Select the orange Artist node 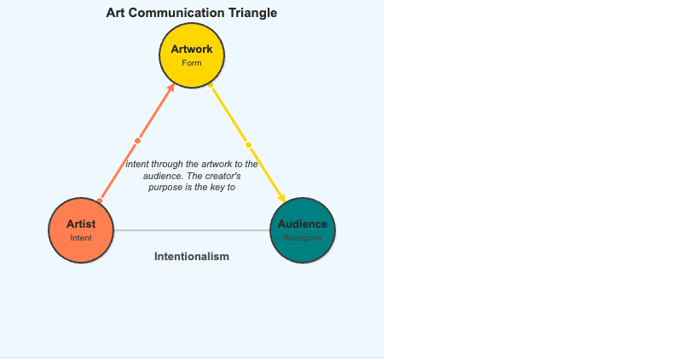click(81, 243)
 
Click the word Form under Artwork click(192, 63)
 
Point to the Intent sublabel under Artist click(81, 238)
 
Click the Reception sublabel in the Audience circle click(303, 238)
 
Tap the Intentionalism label click(192, 257)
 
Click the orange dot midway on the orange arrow click(137, 142)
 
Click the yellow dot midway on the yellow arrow click(248, 144)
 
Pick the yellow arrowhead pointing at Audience click(281, 199)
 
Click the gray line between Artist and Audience click(192, 230)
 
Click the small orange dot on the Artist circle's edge click(100, 200)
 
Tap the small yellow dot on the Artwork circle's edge click(211, 85)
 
